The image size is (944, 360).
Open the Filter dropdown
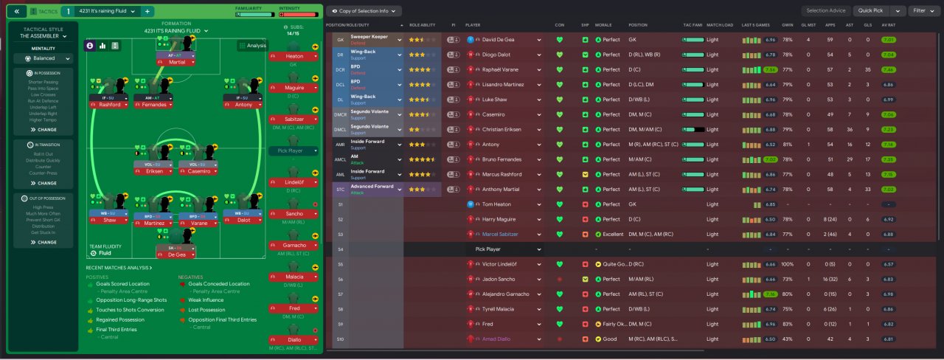[923, 11]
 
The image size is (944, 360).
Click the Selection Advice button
[826, 11]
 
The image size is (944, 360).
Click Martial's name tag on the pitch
[176, 62]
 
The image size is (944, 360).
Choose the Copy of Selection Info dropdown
[364, 11]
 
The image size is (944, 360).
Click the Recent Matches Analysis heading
[118, 268]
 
